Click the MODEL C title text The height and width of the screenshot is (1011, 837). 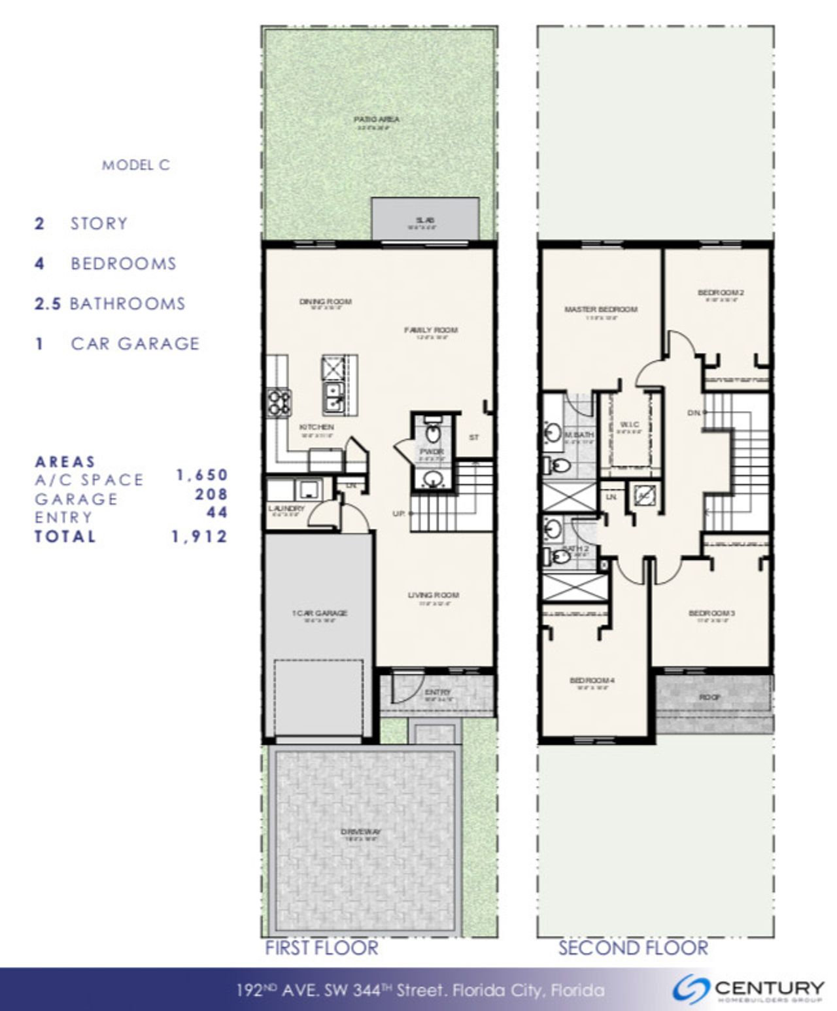pos(136,165)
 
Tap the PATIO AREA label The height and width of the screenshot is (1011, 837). pos(376,120)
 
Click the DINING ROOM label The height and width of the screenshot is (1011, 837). pos(325,301)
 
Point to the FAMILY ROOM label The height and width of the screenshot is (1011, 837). pos(430,330)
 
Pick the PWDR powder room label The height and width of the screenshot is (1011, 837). pos(432,452)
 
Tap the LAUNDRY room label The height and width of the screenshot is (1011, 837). pos(286,508)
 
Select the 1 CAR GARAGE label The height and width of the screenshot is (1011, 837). pos(319,613)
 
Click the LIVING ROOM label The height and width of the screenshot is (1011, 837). pos(434,595)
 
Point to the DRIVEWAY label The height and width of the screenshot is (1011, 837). pos(361,832)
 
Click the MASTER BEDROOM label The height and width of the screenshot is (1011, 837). pos(600,309)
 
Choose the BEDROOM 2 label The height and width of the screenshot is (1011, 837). pos(721,292)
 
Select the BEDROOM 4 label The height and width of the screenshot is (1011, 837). pos(592,680)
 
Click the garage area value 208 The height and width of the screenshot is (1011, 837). pos(211,495)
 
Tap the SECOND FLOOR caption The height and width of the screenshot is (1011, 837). pos(632,948)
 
